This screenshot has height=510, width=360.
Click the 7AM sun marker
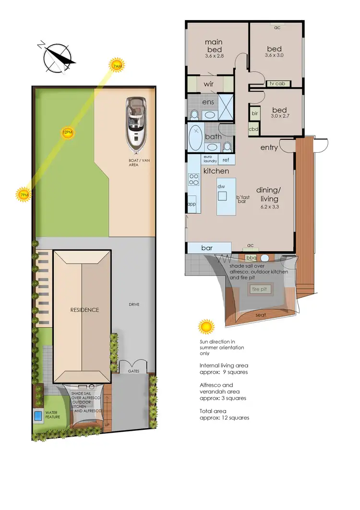point(117,66)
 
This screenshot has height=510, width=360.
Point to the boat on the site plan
point(136,122)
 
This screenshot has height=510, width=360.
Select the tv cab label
point(277,84)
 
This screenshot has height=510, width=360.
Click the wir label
point(208,84)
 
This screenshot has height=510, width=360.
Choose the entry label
point(269,147)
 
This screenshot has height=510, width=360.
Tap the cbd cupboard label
point(253,129)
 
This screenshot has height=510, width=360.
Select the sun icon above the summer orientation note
point(206,327)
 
